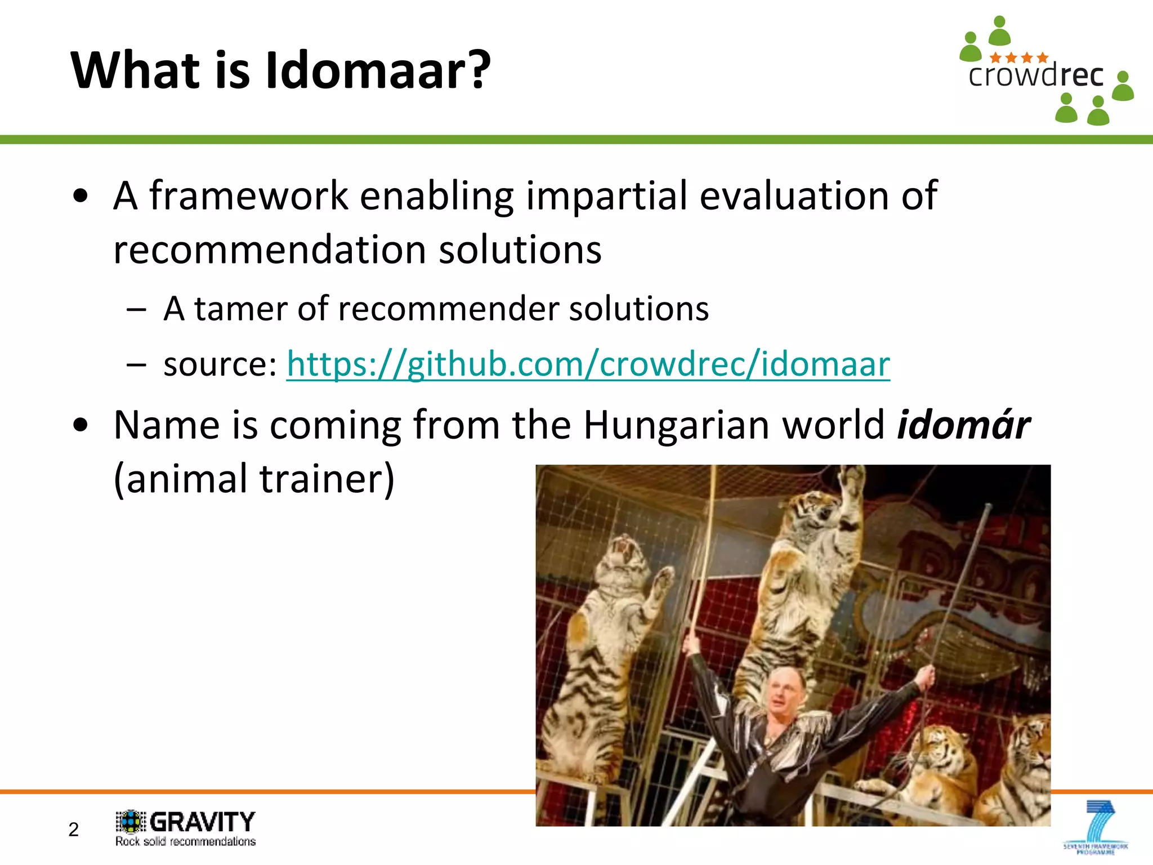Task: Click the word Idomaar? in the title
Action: click(x=378, y=70)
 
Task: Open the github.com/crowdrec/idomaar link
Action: click(x=588, y=364)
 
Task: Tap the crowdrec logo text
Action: click(x=1035, y=75)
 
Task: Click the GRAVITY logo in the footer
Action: click(x=186, y=822)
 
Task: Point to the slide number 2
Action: click(x=74, y=830)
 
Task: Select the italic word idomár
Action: click(x=963, y=425)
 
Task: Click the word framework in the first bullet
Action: click(x=248, y=195)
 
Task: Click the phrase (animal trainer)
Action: click(x=254, y=479)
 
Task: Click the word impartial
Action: click(x=606, y=195)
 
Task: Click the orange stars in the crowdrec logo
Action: click(x=1018, y=57)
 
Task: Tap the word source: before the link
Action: click(x=220, y=364)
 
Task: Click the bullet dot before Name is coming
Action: click(x=81, y=425)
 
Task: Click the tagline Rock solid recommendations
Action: click(x=186, y=841)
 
